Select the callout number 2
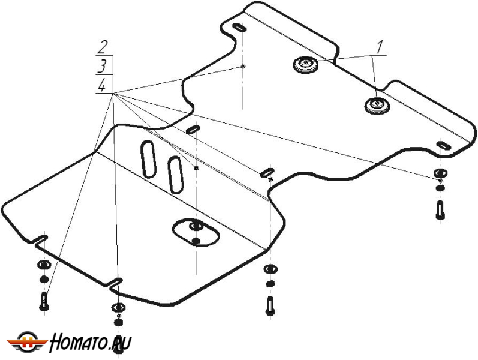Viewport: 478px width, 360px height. tap(104, 46)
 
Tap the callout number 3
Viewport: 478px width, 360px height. tap(104, 65)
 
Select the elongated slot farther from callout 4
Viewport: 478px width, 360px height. tap(176, 174)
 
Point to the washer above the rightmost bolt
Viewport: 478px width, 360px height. tap(439, 175)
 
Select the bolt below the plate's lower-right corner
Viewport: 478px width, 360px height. tap(270, 305)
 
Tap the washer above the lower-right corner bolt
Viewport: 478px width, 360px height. tap(270, 269)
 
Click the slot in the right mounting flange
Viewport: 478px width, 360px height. tap(444, 146)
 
